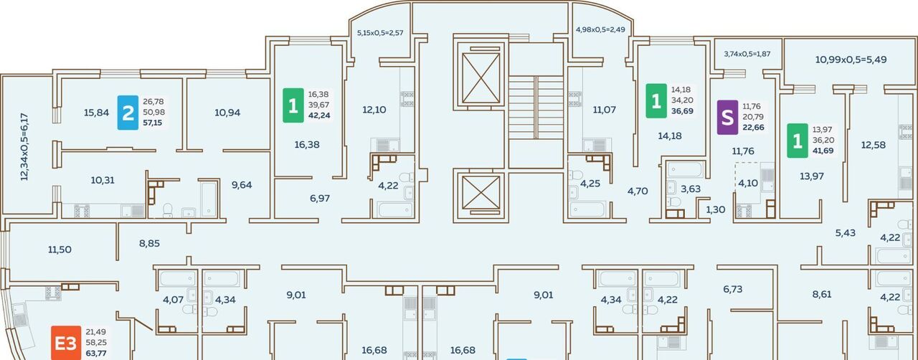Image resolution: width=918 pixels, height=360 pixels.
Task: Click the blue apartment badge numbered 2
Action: click(x=128, y=113)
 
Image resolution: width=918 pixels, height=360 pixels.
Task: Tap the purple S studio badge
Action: click(x=727, y=118)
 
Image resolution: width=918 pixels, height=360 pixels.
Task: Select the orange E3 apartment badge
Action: click(x=66, y=343)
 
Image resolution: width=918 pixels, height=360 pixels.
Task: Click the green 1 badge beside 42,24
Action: click(x=293, y=105)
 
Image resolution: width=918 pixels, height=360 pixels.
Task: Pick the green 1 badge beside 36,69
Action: click(x=656, y=101)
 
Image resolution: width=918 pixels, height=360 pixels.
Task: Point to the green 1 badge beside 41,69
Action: click(x=798, y=141)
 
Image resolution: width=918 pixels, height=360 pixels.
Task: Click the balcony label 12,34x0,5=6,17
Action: click(x=24, y=147)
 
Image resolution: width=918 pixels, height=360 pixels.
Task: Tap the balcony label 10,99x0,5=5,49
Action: click(x=851, y=60)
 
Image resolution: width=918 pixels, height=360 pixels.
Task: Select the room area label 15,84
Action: click(x=96, y=113)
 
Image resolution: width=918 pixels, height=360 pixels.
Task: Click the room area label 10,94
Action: click(x=227, y=113)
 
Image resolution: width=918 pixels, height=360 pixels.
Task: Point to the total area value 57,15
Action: click(x=153, y=123)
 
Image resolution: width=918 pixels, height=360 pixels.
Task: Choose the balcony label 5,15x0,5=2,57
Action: click(x=380, y=33)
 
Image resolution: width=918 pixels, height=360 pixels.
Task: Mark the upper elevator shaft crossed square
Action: click(x=481, y=78)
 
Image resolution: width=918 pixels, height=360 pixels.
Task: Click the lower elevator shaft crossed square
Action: click(x=481, y=192)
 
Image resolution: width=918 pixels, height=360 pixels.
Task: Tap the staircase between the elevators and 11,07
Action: click(x=536, y=108)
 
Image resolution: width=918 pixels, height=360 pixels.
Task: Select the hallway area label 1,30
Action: click(x=715, y=209)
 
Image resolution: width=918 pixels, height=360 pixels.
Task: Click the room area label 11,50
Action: click(x=60, y=250)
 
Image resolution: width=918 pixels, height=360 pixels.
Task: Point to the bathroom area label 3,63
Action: click(x=691, y=189)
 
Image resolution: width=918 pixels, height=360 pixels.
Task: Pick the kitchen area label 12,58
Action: click(x=874, y=145)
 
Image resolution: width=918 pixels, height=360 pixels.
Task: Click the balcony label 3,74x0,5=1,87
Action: click(x=747, y=54)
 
